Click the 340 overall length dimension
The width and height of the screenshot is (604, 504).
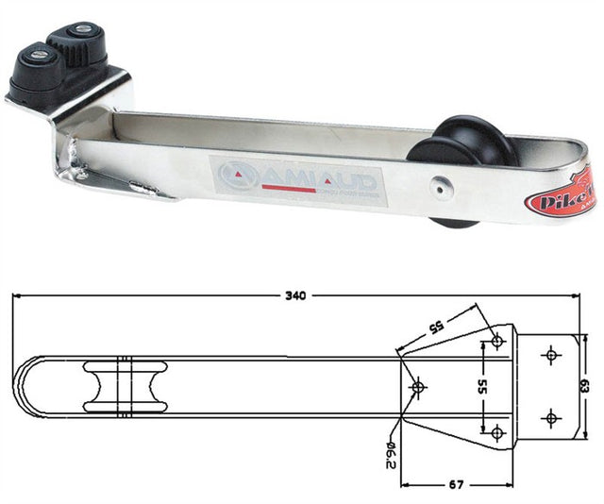click(295, 296)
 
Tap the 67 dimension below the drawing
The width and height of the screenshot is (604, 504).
click(458, 483)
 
